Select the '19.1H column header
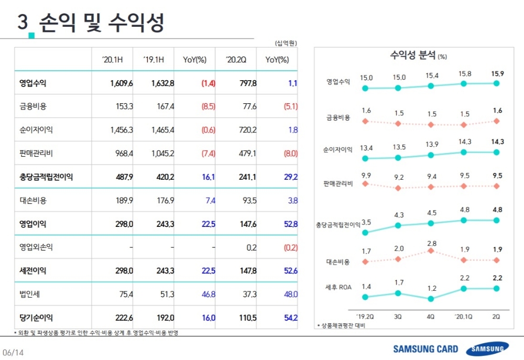[x=154, y=60]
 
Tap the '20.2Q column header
[x=236, y=60]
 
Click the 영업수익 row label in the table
[x=32, y=83]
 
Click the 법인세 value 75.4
[x=125, y=294]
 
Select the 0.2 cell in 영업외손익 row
[x=251, y=247]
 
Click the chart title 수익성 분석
[x=413, y=55]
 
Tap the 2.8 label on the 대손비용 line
[x=431, y=244]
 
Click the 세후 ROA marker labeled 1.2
[x=431, y=299]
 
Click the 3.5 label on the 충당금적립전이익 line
[x=366, y=222]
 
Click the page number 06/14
[x=13, y=353]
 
